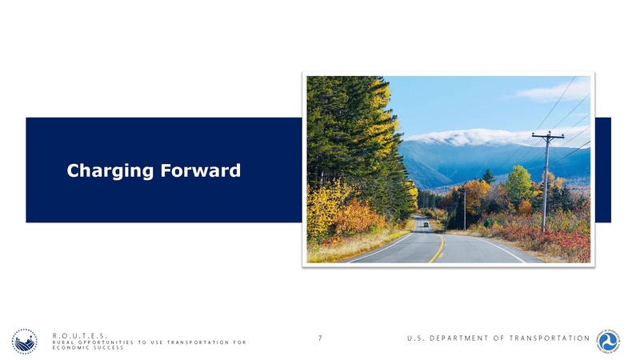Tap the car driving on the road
[425, 225]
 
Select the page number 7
[320, 338]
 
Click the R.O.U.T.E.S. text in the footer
[80, 337]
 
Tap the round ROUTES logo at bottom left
[24, 342]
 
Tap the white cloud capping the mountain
[472, 137]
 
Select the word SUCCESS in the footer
[107, 349]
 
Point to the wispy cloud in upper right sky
[552, 92]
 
